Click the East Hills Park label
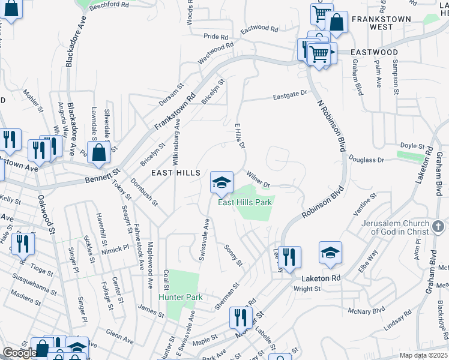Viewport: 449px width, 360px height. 244,202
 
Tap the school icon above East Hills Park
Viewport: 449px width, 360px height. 221,182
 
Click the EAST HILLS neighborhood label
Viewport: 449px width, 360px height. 175,173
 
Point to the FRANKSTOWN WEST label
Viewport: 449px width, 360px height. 390,23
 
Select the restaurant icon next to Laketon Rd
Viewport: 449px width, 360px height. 289,257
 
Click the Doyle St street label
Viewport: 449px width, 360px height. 412,146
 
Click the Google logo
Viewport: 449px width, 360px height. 19,352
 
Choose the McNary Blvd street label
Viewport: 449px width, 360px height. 365,311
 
